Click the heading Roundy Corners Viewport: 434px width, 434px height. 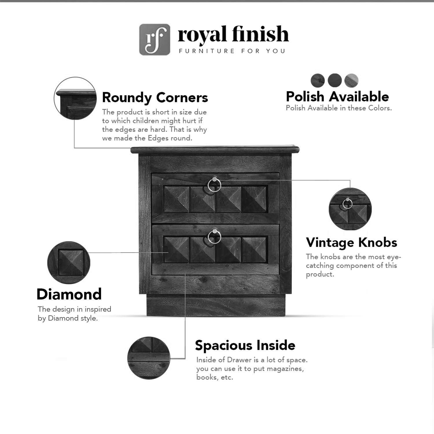point(155,98)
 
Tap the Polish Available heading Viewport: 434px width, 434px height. point(337,96)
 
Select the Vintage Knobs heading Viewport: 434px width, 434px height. point(352,242)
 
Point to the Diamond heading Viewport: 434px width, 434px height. point(69,294)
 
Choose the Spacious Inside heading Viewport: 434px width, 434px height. point(245,345)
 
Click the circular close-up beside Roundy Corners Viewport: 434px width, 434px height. point(75,98)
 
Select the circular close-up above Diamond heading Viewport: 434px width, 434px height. point(69,263)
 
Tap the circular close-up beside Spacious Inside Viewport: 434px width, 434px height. point(149,358)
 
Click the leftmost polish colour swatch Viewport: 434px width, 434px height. point(318,80)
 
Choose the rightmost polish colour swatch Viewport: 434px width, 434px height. point(352,80)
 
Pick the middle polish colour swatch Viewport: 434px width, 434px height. point(335,80)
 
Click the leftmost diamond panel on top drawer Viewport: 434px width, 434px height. point(177,199)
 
